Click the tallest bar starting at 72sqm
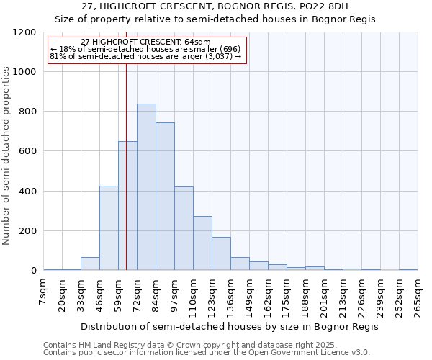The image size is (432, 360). pos(146,187)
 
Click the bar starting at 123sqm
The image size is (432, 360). pos(221,253)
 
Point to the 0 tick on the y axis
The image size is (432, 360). pos(32,271)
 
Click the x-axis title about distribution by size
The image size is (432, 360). pos(229,326)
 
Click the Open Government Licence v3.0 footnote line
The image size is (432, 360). pos(207,353)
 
